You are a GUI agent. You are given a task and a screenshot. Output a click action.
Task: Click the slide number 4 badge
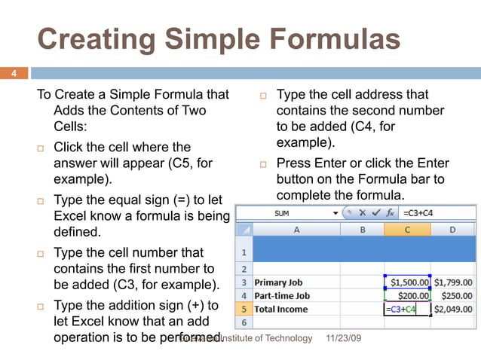(13, 74)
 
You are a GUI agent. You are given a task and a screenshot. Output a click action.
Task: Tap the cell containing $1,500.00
(408, 282)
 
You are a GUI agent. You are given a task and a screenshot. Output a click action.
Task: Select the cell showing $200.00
(408, 295)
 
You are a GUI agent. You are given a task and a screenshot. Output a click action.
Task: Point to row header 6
(244, 322)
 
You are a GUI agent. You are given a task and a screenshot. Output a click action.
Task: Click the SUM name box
(286, 213)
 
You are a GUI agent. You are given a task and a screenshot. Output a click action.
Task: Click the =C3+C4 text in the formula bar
(418, 213)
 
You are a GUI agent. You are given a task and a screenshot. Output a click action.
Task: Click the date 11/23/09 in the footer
(345, 339)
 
